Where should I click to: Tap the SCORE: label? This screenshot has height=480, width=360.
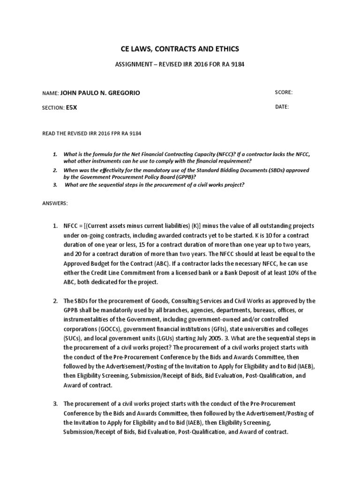(284, 92)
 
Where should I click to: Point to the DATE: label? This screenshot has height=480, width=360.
(282, 107)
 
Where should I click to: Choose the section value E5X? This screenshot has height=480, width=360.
(72, 107)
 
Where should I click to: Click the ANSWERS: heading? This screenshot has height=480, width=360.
(55, 203)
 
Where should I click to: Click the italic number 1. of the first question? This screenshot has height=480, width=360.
(54, 154)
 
